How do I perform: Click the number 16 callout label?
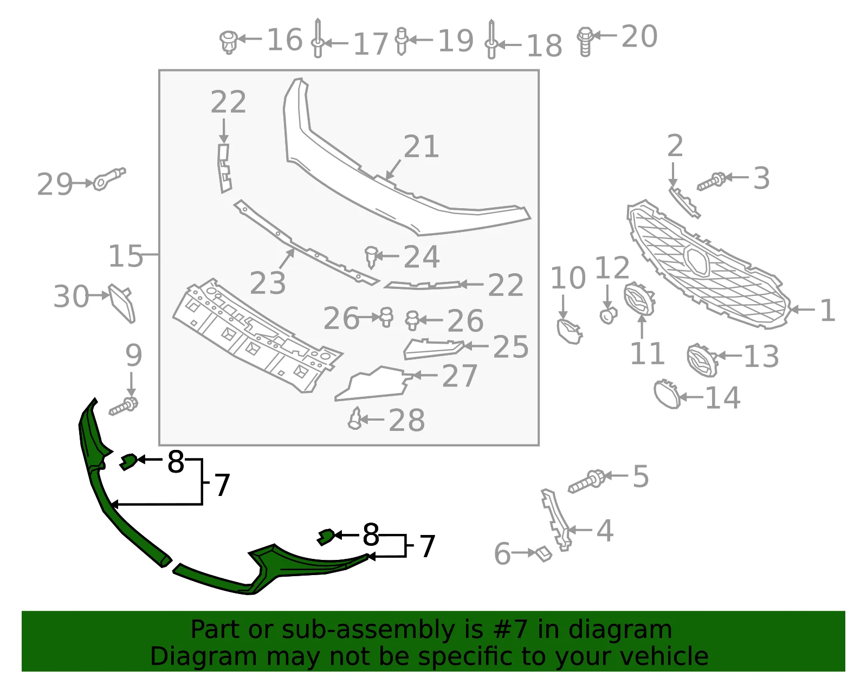[284, 40]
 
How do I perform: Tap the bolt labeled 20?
[585, 42]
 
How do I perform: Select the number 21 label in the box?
[421, 146]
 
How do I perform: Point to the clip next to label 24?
[371, 256]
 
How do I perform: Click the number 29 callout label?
[55, 184]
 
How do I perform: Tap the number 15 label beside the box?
[126, 256]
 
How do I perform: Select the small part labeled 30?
[122, 303]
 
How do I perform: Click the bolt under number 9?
[124, 406]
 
